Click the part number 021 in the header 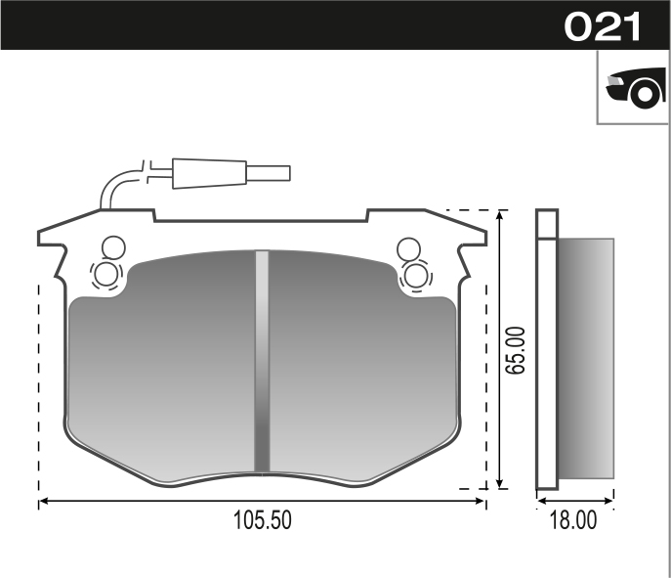coord(603,26)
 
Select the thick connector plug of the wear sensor coord(208,173)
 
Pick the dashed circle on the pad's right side coord(416,275)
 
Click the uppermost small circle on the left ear coord(112,246)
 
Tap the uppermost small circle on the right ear coord(408,247)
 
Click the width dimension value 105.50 coord(262,522)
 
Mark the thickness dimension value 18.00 coord(574,522)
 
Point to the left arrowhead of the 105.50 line coord(43,503)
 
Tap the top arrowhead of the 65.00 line coord(502,214)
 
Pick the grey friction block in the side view coord(584,359)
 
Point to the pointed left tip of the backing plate coord(40,236)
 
